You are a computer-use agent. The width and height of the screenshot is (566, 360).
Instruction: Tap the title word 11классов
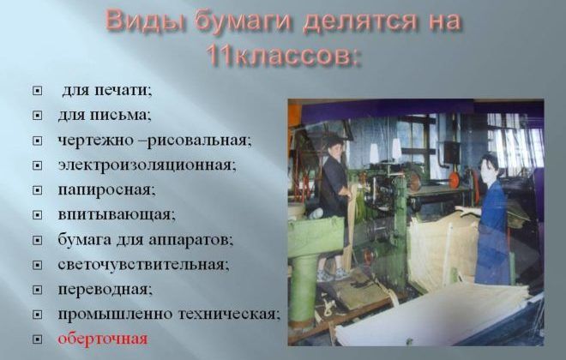click(283, 56)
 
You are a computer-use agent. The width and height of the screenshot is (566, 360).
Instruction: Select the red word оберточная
click(103, 339)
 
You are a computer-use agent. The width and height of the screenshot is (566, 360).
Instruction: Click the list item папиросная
click(106, 190)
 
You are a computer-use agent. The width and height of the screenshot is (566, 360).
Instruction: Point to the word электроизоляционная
click(147, 165)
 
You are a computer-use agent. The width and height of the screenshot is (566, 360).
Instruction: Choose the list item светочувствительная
click(143, 265)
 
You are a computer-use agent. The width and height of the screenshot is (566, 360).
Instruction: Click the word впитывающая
click(117, 215)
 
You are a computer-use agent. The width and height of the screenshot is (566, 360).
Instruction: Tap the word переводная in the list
click(105, 290)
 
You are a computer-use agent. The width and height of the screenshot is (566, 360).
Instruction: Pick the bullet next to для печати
click(37, 91)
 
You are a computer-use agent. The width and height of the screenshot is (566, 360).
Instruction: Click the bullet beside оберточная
click(37, 339)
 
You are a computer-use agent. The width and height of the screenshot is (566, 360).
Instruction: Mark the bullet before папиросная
click(37, 190)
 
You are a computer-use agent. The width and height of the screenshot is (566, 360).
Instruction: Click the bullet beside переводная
click(37, 290)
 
